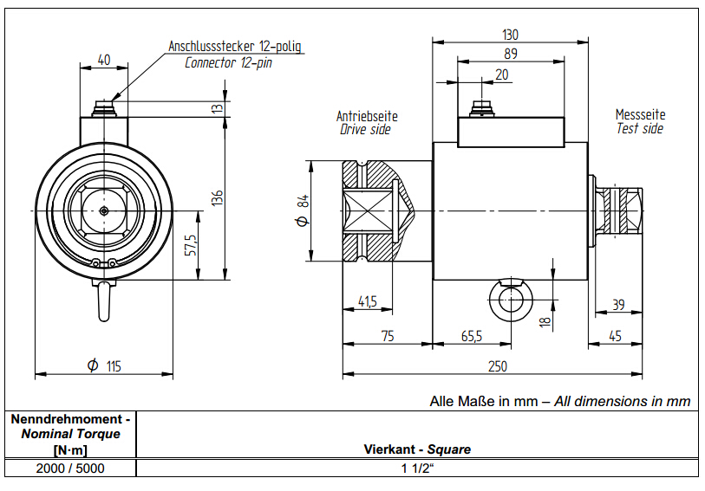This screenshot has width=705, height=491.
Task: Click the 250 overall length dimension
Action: (x=497, y=366)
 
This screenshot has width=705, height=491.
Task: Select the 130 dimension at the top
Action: (x=510, y=35)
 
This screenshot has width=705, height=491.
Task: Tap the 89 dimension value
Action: (x=510, y=54)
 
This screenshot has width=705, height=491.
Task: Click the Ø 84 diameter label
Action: (x=303, y=210)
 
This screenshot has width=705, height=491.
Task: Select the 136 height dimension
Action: (x=218, y=197)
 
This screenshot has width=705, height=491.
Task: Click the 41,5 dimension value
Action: (x=367, y=301)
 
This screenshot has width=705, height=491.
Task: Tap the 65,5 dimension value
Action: (x=472, y=336)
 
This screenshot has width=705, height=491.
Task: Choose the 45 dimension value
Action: (x=615, y=336)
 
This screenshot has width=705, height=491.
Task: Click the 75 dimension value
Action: (x=388, y=336)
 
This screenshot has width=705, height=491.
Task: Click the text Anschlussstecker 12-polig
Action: (x=234, y=46)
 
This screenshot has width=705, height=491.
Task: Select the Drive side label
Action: (x=364, y=130)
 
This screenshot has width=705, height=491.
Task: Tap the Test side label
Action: (x=640, y=128)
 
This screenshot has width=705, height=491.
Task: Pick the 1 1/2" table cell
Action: (x=417, y=468)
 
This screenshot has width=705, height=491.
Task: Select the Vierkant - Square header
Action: (x=417, y=449)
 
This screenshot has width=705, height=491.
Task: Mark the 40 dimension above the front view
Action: (x=104, y=60)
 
